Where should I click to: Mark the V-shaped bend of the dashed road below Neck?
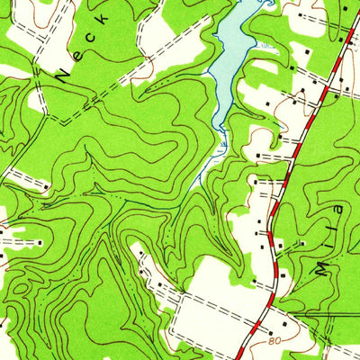[59, 121]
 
